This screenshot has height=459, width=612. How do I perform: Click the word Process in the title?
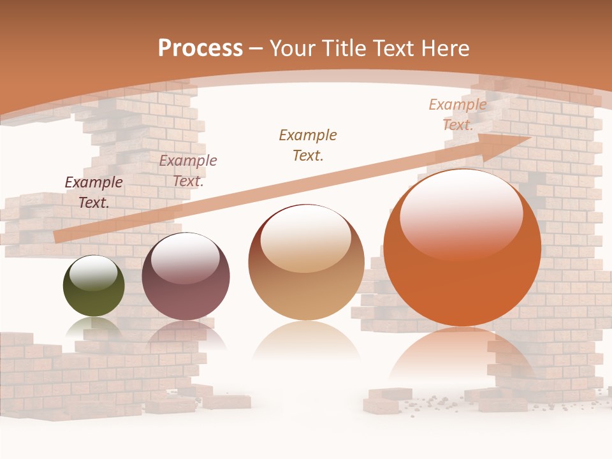point(200,48)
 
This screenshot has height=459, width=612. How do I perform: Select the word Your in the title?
point(293,48)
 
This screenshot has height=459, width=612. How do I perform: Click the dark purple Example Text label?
point(94,193)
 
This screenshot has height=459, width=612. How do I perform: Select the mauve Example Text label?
point(188,171)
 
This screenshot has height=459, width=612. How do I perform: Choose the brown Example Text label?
point(308,145)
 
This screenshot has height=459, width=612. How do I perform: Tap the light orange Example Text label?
point(458,115)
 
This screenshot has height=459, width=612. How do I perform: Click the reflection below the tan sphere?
point(306,344)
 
